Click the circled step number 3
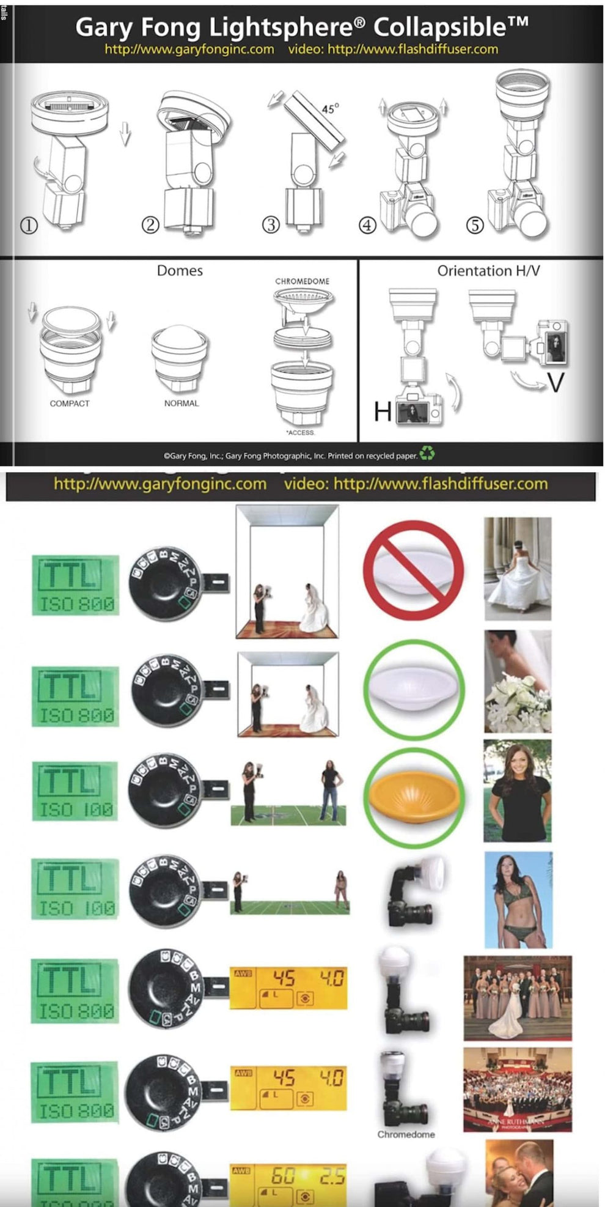(x=271, y=224)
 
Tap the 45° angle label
(x=330, y=108)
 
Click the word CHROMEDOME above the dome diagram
(x=302, y=281)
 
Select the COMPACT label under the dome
(x=70, y=404)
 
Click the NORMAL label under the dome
(x=181, y=404)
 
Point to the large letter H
(x=383, y=412)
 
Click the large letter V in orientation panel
(x=555, y=383)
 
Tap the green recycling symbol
(x=427, y=454)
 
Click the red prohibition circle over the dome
(x=413, y=570)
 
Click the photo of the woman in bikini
(x=518, y=899)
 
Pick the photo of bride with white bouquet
(x=518, y=682)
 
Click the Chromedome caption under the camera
(x=406, y=1134)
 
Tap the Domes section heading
(x=180, y=271)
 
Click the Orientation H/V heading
(x=488, y=271)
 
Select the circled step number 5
(x=475, y=225)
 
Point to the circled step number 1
(x=29, y=225)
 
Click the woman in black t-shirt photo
(x=518, y=791)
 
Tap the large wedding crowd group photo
(x=518, y=1090)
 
